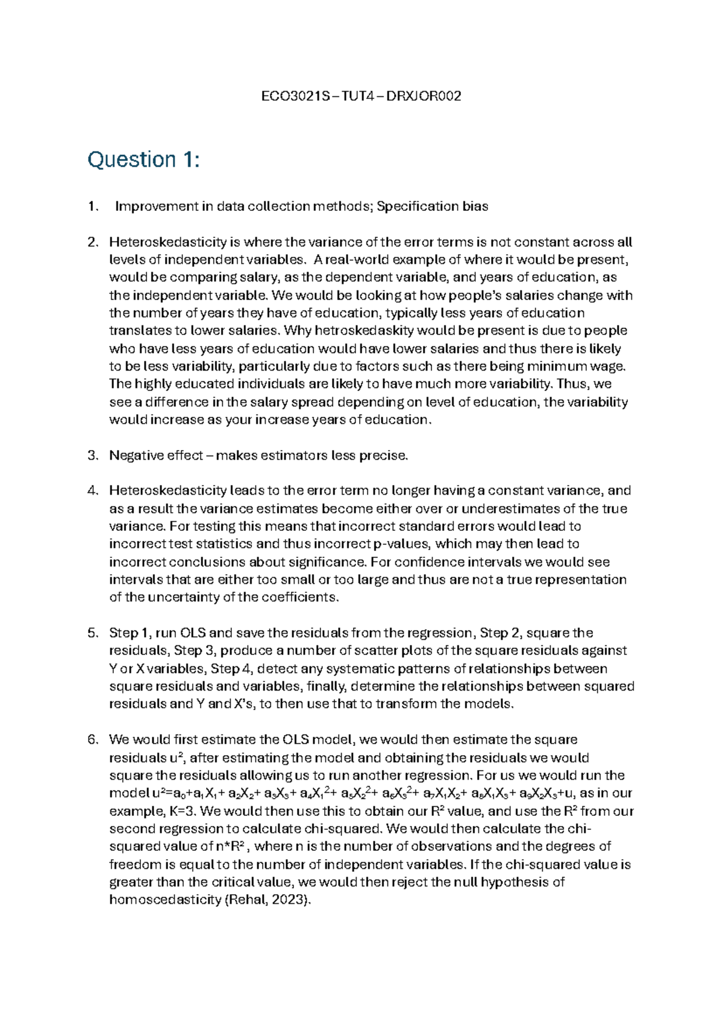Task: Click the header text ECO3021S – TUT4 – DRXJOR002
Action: (x=361, y=96)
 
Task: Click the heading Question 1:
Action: (x=143, y=160)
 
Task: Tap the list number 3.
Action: (x=92, y=456)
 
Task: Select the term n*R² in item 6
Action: (x=232, y=847)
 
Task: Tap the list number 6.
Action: (x=92, y=740)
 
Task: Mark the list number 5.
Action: (x=92, y=633)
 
